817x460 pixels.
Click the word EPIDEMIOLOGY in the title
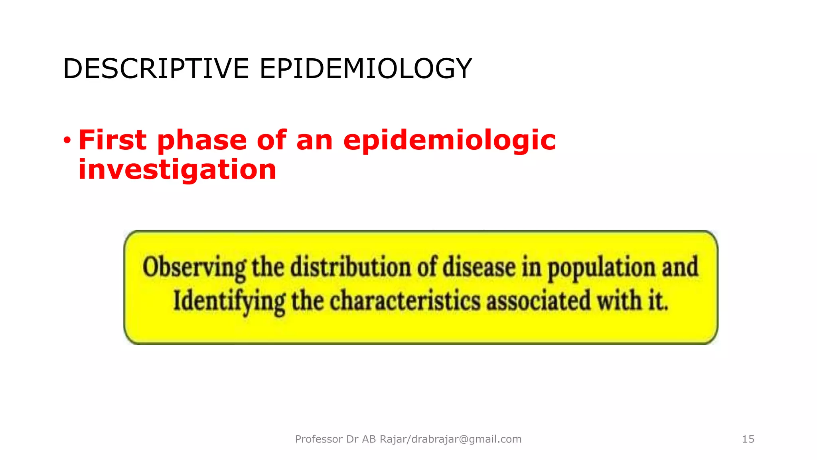point(366,69)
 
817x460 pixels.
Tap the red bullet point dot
point(67,140)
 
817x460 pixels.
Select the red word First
point(112,140)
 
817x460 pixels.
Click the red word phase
point(202,141)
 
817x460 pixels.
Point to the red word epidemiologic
point(449,141)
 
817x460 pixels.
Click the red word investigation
point(177,170)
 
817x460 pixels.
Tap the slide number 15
point(748,439)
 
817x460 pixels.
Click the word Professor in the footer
point(319,439)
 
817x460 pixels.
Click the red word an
point(314,141)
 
